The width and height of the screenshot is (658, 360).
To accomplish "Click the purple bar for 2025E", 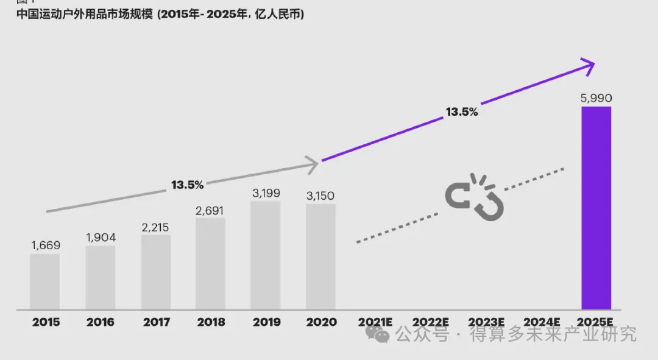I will pyautogui.click(x=596, y=208).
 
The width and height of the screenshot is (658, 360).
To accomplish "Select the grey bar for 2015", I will pyautogui.click(x=45, y=281).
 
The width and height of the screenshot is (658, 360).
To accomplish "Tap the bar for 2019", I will pyautogui.click(x=266, y=255).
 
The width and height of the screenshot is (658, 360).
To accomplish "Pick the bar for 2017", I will pyautogui.click(x=156, y=272).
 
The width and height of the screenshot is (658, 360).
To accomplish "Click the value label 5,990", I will pyautogui.click(x=596, y=97).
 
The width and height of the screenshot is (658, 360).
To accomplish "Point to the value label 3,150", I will pyautogui.click(x=320, y=196).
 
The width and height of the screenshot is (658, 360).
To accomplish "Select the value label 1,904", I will pyautogui.click(x=101, y=238).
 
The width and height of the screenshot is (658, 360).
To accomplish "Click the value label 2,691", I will pyautogui.click(x=210, y=210).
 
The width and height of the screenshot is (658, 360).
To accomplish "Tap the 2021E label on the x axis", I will pyautogui.click(x=375, y=322).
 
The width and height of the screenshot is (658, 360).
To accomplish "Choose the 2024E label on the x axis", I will pyautogui.click(x=541, y=322).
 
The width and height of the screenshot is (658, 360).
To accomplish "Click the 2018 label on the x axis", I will pyautogui.click(x=210, y=322).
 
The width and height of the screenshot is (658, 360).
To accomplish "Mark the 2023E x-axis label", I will pyautogui.click(x=486, y=322).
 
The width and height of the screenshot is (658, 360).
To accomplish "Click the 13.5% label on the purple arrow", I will pyautogui.click(x=462, y=112).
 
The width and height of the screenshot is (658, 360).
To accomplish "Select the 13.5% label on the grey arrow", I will pyautogui.click(x=187, y=184).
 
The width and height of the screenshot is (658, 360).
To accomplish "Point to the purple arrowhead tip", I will pyautogui.click(x=594, y=62).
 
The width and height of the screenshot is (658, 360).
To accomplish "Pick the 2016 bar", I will pyautogui.click(x=101, y=278).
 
